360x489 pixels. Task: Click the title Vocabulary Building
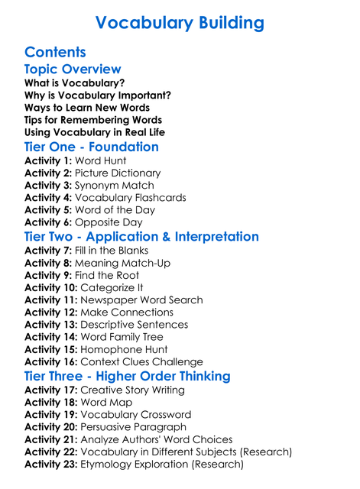coord(180,22)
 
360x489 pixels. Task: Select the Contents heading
coord(55,53)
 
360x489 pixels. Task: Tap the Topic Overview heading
coord(73,70)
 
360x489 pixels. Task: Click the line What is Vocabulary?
coord(75,83)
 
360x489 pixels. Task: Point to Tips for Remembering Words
coord(93,120)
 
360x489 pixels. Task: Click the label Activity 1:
coord(48,161)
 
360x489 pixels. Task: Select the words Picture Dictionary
coord(118,173)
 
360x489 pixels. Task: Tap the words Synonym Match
coord(115,186)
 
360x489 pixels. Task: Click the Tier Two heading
coord(142,237)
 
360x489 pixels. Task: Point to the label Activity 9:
coord(48,275)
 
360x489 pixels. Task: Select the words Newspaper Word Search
coord(141,300)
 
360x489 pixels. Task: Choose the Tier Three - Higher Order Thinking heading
coord(127,377)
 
